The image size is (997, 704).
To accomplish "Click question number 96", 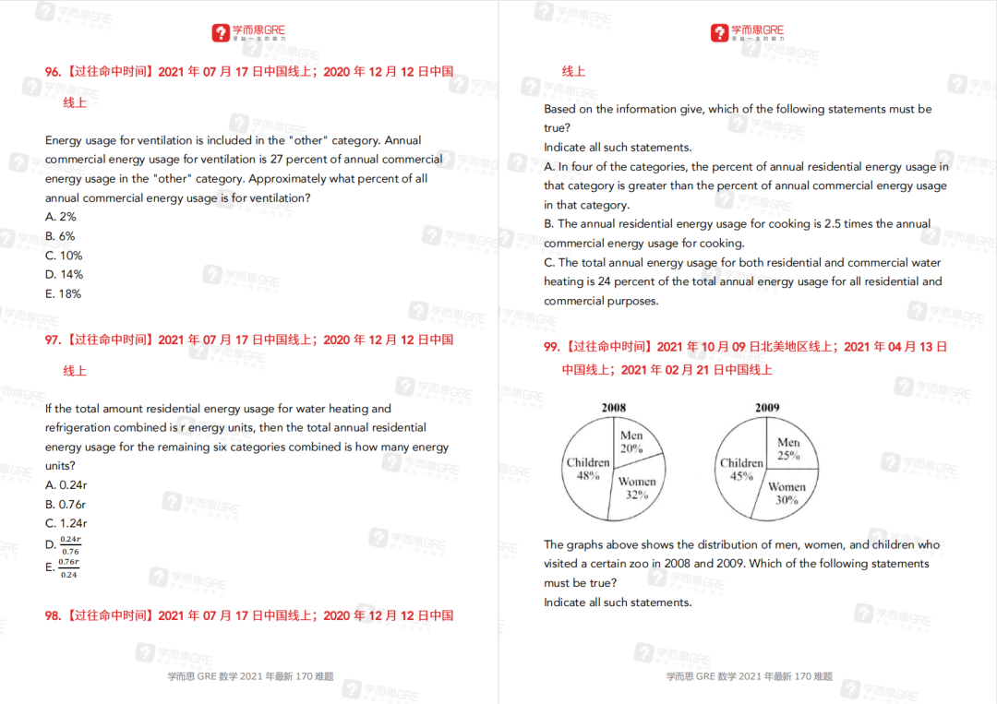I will (x=54, y=71).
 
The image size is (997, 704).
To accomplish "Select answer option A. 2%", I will (x=61, y=217).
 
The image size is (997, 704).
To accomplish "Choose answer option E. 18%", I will (x=63, y=293).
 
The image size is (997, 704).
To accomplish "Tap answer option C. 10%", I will (x=64, y=256).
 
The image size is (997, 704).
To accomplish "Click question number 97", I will (x=54, y=340).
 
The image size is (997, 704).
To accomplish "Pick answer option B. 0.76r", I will (x=66, y=504).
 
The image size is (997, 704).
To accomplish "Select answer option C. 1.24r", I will (x=66, y=523).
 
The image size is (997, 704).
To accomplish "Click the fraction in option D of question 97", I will (x=70, y=544).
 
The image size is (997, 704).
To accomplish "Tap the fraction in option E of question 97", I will (x=69, y=567).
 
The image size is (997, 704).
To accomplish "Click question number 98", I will (x=54, y=615).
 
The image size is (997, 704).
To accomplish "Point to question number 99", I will (x=552, y=347).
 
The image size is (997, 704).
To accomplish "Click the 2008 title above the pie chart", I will (x=614, y=408).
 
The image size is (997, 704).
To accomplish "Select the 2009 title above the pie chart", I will (x=767, y=408).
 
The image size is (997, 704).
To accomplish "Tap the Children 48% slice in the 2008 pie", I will (x=588, y=469).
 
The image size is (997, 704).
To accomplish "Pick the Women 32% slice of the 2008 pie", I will (x=636, y=487).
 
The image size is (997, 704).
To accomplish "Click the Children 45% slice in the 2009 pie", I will (x=741, y=469).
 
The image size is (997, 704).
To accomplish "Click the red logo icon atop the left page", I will (x=220, y=33).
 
